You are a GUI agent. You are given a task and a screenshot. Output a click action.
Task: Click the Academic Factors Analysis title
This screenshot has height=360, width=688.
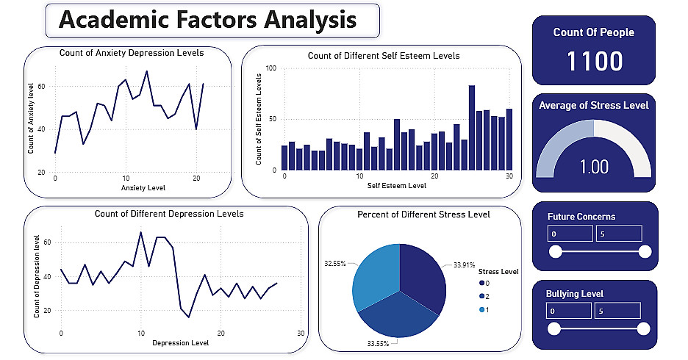click(x=207, y=21)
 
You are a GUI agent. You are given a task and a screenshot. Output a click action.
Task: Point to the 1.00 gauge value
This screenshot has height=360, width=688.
click(x=594, y=166)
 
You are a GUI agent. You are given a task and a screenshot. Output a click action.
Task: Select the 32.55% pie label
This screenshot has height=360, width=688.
click(x=335, y=262)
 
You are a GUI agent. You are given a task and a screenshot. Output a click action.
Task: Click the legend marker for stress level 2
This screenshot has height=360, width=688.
click(x=481, y=296)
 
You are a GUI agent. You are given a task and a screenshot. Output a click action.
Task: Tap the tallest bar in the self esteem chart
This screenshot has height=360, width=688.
click(x=471, y=127)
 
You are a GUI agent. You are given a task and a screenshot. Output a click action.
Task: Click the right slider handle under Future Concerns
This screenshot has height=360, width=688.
click(x=645, y=252)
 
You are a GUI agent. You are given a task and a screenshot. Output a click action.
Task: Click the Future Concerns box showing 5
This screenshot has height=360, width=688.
click(x=618, y=234)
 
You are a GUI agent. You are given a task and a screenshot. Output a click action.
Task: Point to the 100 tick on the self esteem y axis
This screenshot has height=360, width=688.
click(x=270, y=68)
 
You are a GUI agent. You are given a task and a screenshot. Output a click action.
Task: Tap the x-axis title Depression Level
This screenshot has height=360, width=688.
click(x=179, y=343)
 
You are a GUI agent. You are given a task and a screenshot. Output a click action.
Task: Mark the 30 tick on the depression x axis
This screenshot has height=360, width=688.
click(x=301, y=334)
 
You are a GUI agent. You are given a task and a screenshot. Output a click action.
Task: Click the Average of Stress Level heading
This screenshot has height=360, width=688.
click(x=594, y=105)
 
